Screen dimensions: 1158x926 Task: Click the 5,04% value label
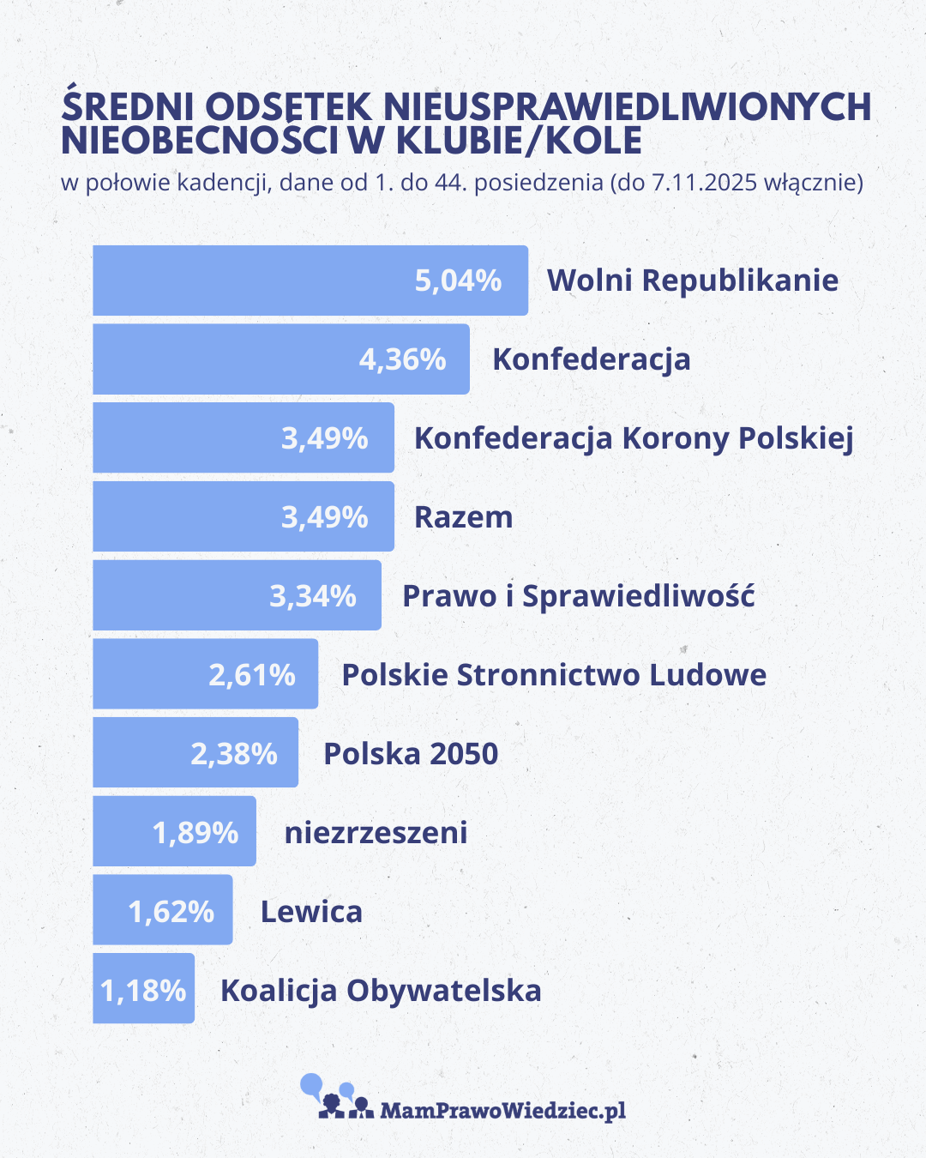(x=458, y=280)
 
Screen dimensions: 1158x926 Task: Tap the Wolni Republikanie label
(x=693, y=280)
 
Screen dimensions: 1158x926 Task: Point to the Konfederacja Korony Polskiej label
(x=634, y=438)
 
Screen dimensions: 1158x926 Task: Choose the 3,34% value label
(x=313, y=596)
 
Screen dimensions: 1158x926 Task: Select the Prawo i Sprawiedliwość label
(x=579, y=596)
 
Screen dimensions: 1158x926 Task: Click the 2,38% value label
(x=234, y=754)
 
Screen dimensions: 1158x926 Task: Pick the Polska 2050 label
(x=411, y=754)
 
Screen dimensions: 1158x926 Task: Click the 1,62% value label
(x=171, y=911)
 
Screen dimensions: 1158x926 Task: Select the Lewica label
(x=311, y=911)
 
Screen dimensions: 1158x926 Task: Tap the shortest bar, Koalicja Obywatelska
(x=143, y=989)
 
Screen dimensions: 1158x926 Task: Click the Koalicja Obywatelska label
(x=381, y=991)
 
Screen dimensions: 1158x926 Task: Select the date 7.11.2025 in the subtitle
(x=704, y=182)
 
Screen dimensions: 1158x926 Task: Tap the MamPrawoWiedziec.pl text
(x=502, y=1111)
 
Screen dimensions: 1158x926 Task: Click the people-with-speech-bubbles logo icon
(x=336, y=1098)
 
